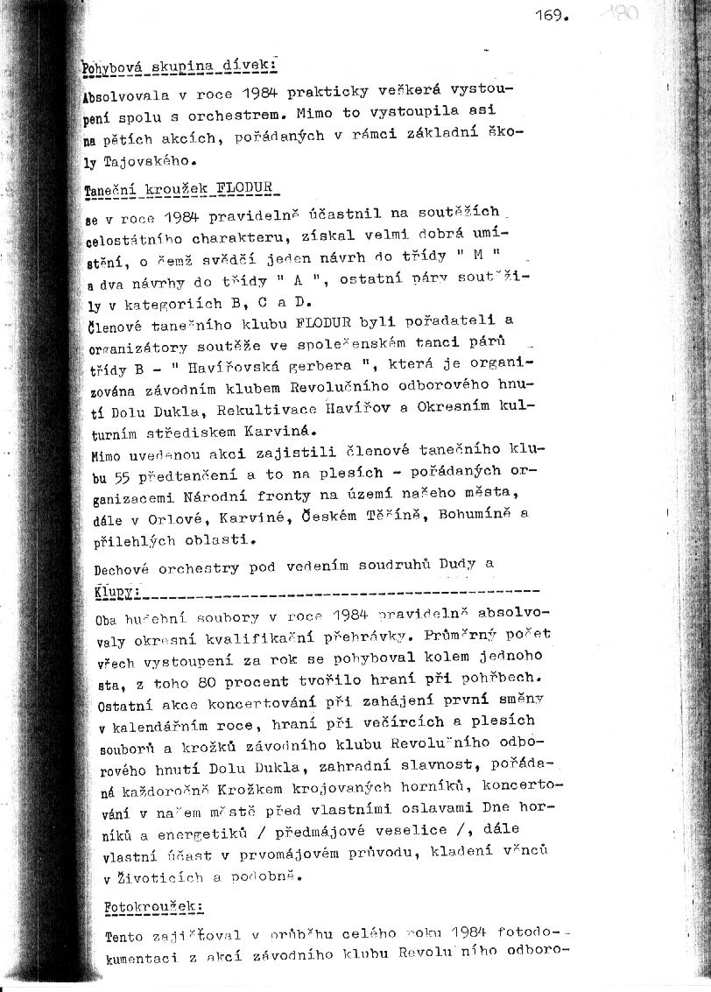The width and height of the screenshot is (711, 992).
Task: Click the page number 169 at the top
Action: (553, 15)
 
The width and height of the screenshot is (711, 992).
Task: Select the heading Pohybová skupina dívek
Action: (179, 66)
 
